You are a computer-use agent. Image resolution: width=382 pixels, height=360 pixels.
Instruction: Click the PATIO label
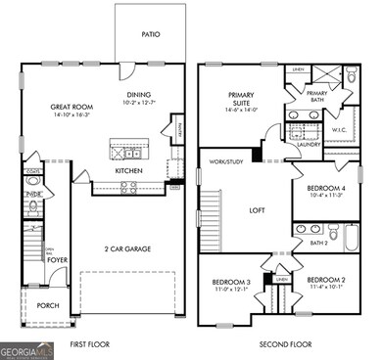pos(149,34)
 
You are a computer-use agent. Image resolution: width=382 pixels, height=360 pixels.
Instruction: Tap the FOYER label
pos(58,259)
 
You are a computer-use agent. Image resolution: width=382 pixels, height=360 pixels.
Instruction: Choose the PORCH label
pos(47,304)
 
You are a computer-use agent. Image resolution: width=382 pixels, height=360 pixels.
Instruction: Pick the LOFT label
pos(258,209)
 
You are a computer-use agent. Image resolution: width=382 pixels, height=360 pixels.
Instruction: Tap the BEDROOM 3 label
pos(231,284)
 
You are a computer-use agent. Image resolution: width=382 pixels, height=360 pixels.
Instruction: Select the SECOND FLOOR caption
pos(284,344)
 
